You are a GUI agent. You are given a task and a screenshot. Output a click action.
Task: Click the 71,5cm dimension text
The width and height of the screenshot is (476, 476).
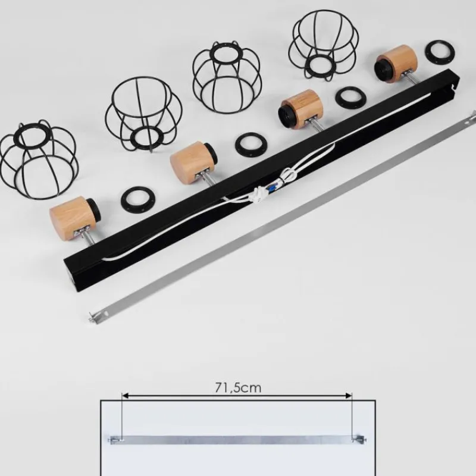pos(238,388)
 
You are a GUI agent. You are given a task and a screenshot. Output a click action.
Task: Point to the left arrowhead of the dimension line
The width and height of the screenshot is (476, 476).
pos(124,396)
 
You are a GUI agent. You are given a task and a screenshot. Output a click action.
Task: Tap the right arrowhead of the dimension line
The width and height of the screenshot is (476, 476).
pos(349,396)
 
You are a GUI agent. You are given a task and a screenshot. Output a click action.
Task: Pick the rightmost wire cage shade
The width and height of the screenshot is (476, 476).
pos(324,46)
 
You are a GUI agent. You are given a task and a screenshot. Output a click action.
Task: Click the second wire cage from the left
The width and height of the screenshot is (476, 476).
pos(143,114)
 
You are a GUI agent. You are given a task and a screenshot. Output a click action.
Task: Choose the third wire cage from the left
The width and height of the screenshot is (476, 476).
pos(227,77)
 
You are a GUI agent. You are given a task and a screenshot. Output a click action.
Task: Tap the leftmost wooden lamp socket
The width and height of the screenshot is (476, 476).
pos(73,217)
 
